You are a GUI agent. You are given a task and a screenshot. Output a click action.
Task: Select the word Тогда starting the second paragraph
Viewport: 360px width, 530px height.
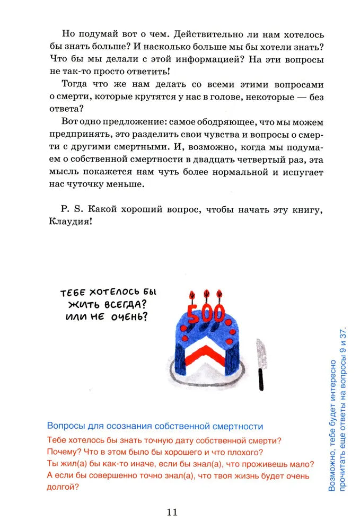click(x=76, y=84)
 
